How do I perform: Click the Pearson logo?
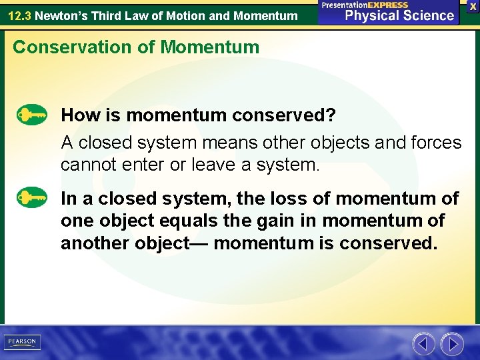tap(23, 342)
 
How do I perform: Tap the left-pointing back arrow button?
tap(423, 344)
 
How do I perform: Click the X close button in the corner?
tap(471, 5)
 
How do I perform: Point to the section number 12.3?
tap(19, 15)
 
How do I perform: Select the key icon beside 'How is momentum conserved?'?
tap(32, 115)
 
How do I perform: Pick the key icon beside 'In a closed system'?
tap(32, 198)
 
